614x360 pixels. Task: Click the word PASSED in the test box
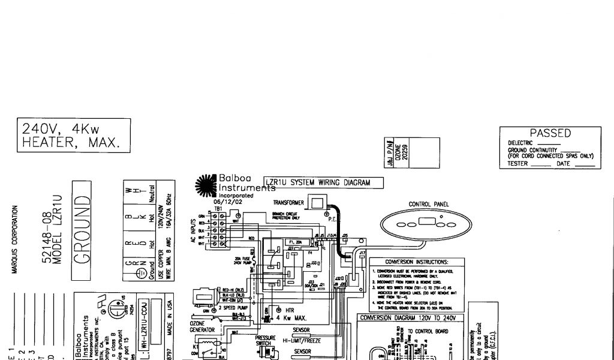(x=550, y=133)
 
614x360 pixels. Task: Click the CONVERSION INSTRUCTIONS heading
(x=416, y=262)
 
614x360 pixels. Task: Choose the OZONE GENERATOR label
(x=198, y=326)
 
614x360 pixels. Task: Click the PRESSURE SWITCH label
(x=265, y=341)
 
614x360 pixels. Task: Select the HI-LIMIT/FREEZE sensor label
(x=301, y=339)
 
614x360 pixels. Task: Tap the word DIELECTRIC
(x=520, y=143)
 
